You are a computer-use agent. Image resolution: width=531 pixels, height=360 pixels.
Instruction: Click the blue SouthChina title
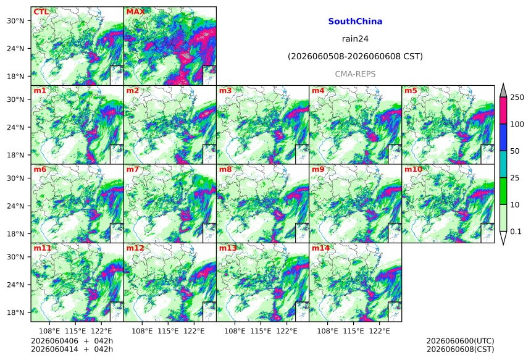[x=355, y=22]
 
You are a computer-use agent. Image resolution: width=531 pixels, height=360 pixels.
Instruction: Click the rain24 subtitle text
[x=355, y=39]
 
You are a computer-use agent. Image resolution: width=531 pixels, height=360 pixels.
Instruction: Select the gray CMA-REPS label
[x=355, y=74]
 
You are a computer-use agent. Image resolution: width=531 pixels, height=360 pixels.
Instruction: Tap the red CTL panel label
[x=41, y=12]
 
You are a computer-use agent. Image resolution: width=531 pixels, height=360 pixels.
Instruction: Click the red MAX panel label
[x=135, y=12]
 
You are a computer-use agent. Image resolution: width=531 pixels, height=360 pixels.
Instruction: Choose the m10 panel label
[x=413, y=169]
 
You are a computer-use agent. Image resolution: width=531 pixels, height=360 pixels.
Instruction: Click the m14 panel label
[x=320, y=248]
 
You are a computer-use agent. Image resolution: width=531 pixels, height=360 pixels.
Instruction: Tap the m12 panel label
[x=135, y=248]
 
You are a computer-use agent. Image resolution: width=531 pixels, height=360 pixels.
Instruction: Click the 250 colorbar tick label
[x=517, y=98]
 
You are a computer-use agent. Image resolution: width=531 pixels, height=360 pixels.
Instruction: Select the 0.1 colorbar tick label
[x=516, y=232]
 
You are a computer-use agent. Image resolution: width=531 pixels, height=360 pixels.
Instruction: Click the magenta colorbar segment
[x=503, y=111]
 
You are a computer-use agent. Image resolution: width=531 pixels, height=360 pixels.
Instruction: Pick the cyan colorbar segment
[x=503, y=164]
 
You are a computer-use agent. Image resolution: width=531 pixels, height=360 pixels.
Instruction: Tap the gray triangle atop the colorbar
[x=503, y=91]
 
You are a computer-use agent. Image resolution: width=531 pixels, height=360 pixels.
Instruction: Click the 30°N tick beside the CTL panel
[x=15, y=21]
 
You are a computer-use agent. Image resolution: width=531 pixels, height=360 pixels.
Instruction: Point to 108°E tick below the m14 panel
[x=327, y=331]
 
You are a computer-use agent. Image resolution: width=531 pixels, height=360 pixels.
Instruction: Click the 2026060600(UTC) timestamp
[x=460, y=341]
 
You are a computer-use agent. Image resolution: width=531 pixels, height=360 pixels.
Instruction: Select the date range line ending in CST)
[x=355, y=56]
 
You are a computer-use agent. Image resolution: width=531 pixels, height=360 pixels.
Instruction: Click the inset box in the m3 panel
[x=302, y=154]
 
